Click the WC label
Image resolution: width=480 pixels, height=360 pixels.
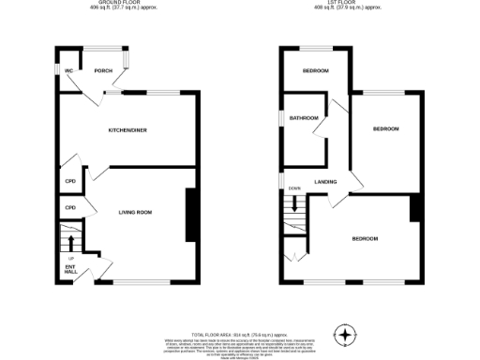(68, 71)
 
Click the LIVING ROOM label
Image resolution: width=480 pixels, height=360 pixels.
(136, 212)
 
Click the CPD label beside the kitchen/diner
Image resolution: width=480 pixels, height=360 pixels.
(70, 182)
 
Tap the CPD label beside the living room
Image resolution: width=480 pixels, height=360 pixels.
(70, 207)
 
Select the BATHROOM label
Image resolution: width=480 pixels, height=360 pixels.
(304, 118)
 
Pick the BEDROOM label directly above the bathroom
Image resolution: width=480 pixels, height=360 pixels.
(315, 71)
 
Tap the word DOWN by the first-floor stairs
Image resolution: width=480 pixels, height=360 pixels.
(294, 187)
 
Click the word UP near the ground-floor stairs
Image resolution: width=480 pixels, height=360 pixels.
(71, 258)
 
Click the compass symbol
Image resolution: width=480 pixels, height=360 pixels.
(348, 334)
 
